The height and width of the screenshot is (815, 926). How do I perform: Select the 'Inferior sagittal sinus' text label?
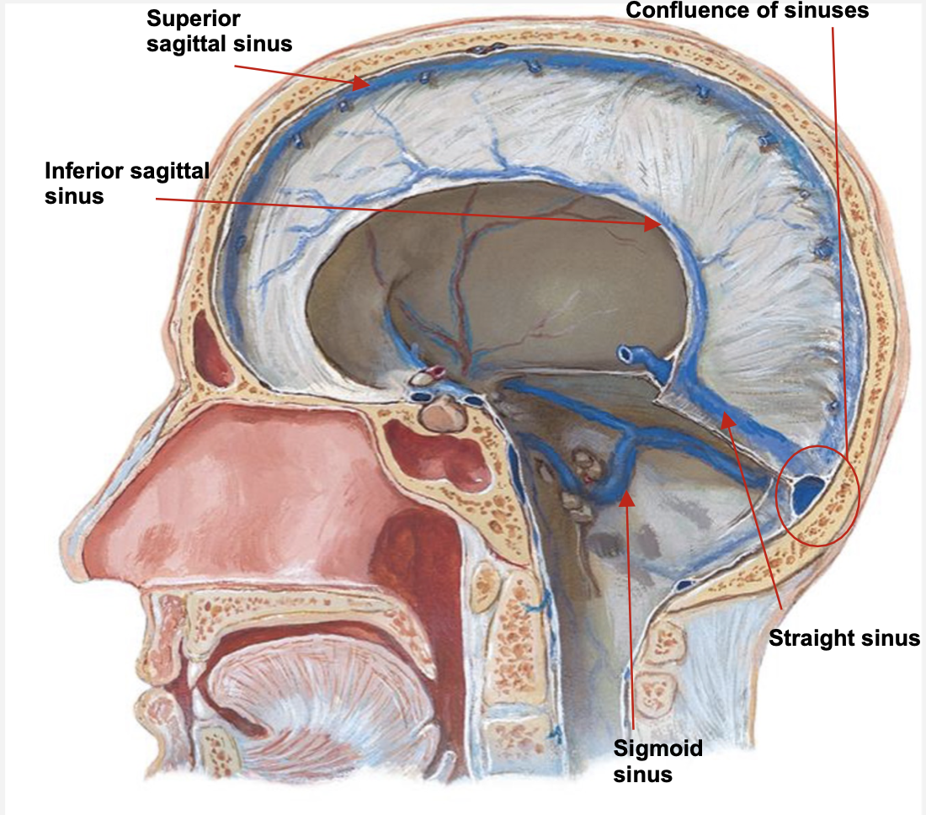click(x=126, y=184)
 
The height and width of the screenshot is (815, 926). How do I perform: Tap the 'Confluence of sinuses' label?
click(x=747, y=11)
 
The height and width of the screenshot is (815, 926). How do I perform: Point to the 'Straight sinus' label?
click(x=844, y=637)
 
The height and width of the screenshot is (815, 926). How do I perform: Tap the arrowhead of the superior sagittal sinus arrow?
click(x=361, y=83)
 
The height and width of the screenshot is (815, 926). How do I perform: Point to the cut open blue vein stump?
click(x=628, y=354)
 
